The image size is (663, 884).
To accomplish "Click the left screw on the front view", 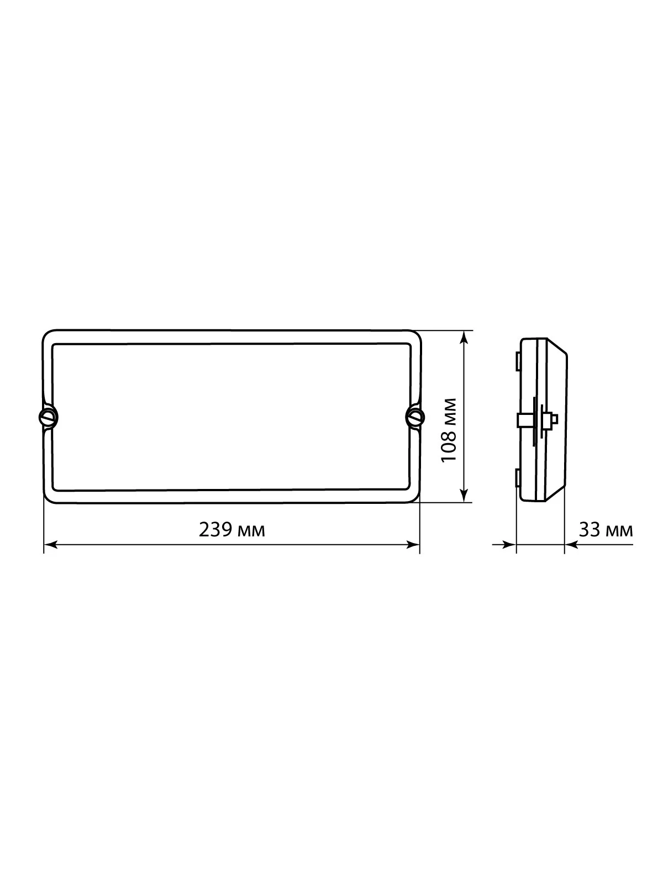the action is point(48,418).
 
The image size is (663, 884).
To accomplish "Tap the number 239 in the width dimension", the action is point(215,530).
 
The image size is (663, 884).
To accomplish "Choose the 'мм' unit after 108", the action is point(451,412).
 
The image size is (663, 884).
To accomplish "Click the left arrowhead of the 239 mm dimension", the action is point(50,545).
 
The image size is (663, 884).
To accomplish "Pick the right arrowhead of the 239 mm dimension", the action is point(413,545).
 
